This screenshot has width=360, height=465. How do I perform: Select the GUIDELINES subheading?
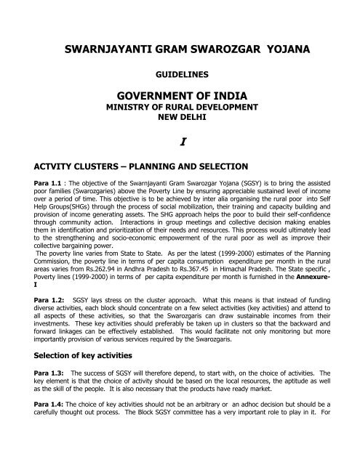[x=180, y=75]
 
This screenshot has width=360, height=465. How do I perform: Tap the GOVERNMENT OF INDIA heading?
[x=180, y=98]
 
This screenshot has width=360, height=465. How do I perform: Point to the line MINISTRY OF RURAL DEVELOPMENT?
[x=180, y=110]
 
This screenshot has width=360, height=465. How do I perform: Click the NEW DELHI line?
[x=180, y=119]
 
